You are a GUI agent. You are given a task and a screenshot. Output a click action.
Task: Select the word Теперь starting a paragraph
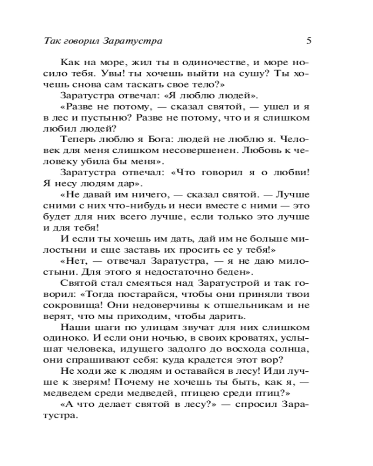tap(77, 141)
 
